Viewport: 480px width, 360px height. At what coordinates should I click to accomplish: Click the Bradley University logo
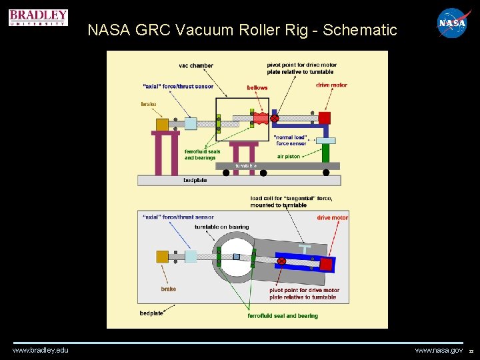click(38, 17)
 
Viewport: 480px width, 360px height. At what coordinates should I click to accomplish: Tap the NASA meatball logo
click(452, 23)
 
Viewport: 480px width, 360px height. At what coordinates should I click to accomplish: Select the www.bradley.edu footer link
click(40, 350)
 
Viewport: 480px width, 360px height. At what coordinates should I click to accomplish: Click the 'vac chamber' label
click(196, 65)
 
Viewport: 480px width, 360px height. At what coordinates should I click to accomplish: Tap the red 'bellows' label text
click(257, 87)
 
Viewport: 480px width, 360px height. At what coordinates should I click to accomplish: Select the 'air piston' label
click(288, 156)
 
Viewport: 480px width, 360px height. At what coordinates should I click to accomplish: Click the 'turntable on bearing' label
click(221, 227)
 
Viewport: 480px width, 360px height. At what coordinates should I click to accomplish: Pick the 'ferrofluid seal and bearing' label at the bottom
click(283, 315)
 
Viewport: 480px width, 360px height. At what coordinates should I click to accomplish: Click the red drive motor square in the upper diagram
click(325, 118)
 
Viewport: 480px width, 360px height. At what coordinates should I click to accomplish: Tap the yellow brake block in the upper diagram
click(162, 124)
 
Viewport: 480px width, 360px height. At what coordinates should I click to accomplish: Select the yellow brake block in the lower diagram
click(162, 257)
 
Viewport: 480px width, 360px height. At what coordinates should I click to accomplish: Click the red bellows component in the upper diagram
click(261, 119)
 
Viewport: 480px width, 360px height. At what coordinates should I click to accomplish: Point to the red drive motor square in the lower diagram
click(326, 264)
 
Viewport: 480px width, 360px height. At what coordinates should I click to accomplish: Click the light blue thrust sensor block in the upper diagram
click(191, 123)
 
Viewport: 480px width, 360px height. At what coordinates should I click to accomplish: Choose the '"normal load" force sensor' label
click(291, 140)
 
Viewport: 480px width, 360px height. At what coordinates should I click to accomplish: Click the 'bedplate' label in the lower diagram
click(151, 313)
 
